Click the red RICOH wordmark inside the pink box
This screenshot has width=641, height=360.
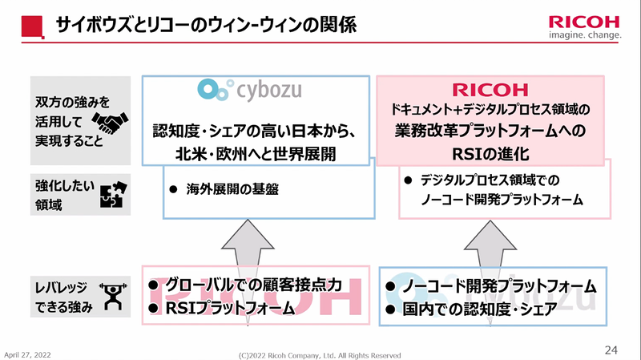[490, 88]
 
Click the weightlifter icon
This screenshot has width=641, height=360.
[111, 295]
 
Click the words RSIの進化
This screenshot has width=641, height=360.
[490, 150]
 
